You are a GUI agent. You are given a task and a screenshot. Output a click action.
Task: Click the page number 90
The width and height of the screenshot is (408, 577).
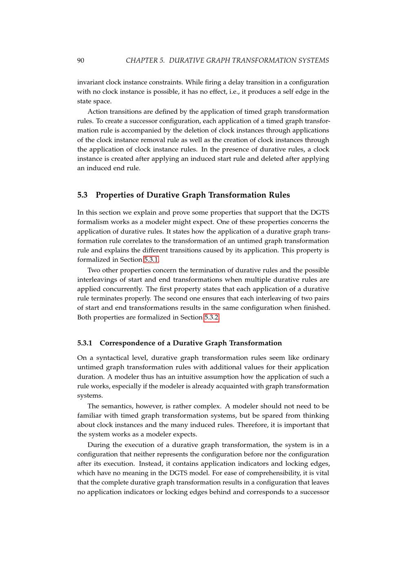pyautogui.click(x=80, y=60)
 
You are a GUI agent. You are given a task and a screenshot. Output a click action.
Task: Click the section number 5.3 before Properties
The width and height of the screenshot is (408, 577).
pyautogui.click(x=82, y=195)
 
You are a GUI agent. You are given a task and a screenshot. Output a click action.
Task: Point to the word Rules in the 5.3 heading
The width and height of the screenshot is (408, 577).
pyautogui.click(x=279, y=195)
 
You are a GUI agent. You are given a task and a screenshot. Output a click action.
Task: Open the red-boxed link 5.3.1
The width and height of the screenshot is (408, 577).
pyautogui.click(x=151, y=260)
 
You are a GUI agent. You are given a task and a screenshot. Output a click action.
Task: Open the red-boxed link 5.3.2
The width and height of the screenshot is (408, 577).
pyautogui.click(x=211, y=317)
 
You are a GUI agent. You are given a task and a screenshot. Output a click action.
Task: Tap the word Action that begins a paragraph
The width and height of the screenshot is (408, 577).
pyautogui.click(x=97, y=111)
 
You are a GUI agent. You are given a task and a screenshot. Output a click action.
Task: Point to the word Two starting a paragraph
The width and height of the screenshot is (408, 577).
pyautogui.click(x=93, y=270)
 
